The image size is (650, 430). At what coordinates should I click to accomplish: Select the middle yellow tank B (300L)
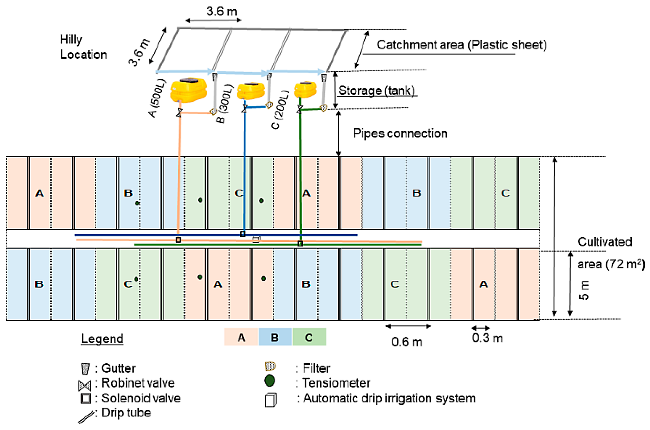click(250, 91)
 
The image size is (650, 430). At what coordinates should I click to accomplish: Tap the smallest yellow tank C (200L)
click(305, 89)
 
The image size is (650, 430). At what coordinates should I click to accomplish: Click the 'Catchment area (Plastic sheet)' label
click(462, 45)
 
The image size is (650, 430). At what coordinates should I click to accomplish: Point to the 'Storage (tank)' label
click(376, 91)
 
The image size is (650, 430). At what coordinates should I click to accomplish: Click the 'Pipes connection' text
click(400, 133)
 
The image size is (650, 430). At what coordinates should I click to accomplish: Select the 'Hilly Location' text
click(83, 47)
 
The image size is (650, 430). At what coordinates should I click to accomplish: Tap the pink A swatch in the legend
click(241, 337)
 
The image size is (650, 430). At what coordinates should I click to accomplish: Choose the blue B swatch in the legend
click(275, 337)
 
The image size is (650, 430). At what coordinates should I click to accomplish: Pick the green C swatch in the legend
click(309, 337)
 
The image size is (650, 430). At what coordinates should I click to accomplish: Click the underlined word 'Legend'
click(102, 339)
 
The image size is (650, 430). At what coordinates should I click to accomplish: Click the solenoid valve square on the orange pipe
click(179, 240)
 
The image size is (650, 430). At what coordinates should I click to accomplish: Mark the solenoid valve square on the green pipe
click(300, 244)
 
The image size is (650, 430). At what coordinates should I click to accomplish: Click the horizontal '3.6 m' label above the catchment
click(221, 12)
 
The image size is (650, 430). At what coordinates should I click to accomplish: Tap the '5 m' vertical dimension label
click(584, 290)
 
